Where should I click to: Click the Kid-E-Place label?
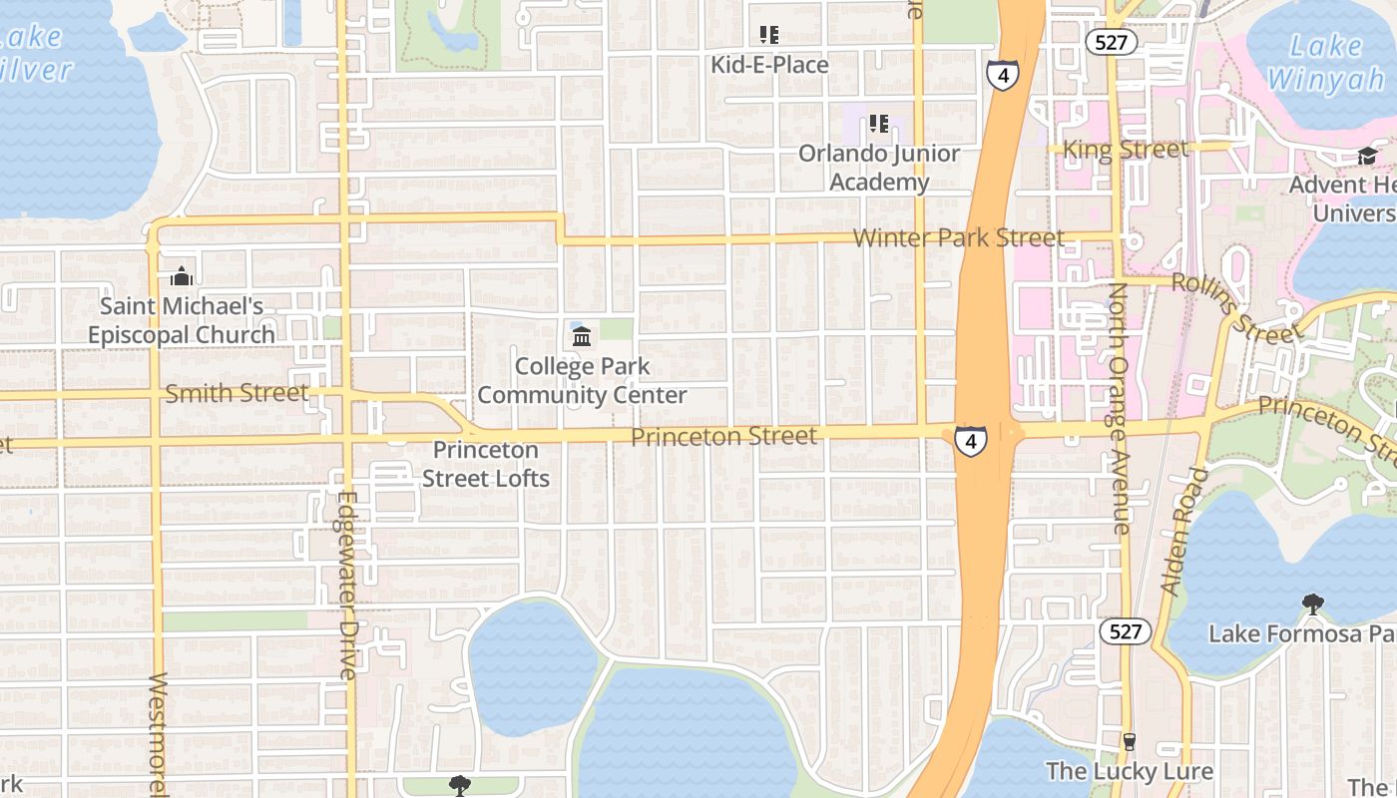point(769,65)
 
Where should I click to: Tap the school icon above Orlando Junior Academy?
point(879,124)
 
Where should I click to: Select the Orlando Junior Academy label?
point(879,168)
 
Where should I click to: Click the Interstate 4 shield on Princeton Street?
point(970,440)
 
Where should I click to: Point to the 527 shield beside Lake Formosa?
point(1125,630)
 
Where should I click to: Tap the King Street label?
point(1126,150)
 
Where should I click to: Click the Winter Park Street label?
point(959,237)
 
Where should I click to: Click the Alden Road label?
point(1184,532)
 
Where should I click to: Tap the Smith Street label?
point(236,393)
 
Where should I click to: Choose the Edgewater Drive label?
point(347,586)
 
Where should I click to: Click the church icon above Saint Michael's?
point(182,275)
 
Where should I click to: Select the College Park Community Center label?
point(582,381)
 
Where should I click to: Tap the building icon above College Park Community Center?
point(582,337)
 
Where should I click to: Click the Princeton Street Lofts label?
point(486,465)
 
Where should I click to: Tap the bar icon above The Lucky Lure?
point(1130,742)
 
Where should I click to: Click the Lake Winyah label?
point(1325,62)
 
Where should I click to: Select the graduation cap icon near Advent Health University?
point(1367,157)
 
